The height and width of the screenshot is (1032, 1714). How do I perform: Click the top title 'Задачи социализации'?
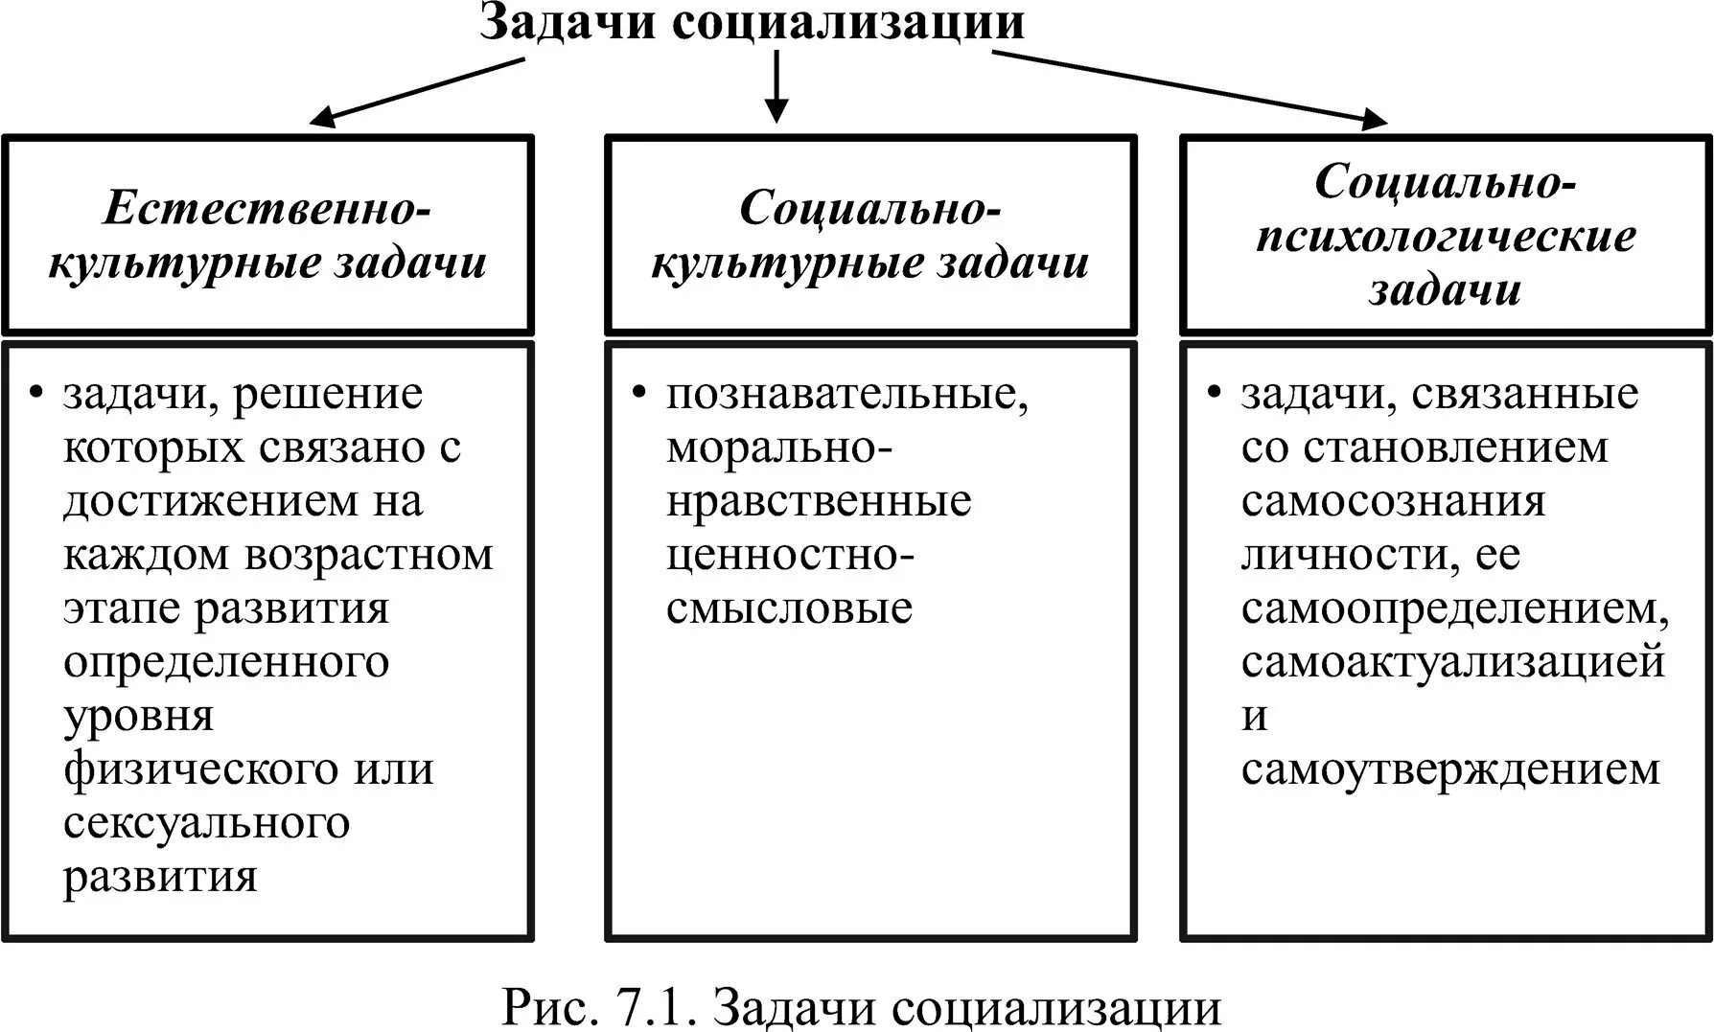click(x=753, y=23)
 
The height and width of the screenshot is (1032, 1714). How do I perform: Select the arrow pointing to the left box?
click(x=418, y=92)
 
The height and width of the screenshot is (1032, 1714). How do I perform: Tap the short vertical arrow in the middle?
click(x=776, y=85)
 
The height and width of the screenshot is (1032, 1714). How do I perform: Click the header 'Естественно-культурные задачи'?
click(x=267, y=235)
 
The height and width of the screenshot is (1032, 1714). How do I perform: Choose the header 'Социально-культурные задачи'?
click(x=869, y=235)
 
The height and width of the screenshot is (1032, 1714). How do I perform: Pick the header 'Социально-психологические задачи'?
click(x=1446, y=235)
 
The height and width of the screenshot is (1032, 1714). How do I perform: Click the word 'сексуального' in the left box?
click(x=206, y=823)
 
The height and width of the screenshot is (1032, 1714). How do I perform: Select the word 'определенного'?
click(x=226, y=662)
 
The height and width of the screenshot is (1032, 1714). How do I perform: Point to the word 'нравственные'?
click(x=819, y=501)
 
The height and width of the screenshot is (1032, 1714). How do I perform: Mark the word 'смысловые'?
click(x=789, y=608)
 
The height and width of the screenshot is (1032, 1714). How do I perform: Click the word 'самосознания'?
click(x=1393, y=501)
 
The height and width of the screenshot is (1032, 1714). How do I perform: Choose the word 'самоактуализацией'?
click(x=1452, y=662)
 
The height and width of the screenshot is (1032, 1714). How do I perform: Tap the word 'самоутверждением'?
click(x=1449, y=769)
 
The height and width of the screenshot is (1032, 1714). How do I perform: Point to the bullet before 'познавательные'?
click(x=638, y=394)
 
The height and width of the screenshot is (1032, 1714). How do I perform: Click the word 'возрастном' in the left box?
click(x=368, y=555)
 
